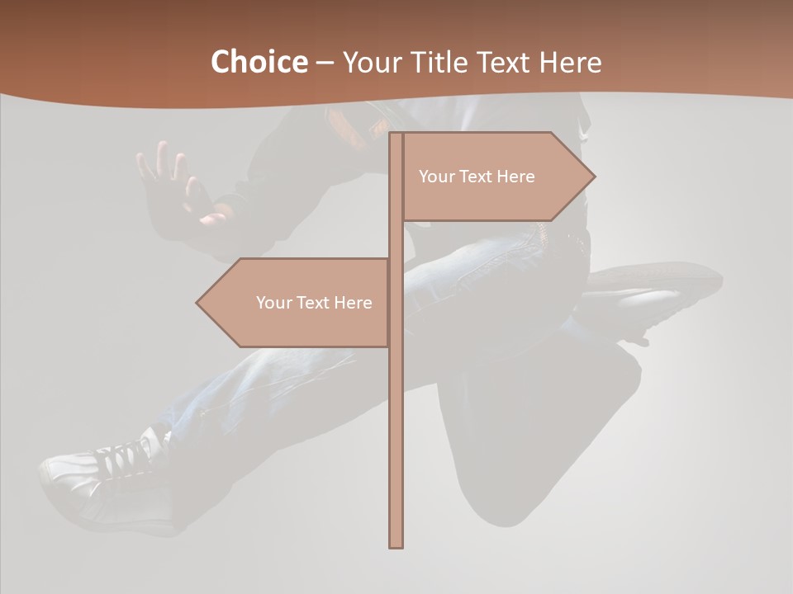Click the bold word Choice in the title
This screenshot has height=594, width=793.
(259, 62)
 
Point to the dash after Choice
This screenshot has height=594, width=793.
(325, 63)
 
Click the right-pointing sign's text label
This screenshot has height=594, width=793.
(477, 177)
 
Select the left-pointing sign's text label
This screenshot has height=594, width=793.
(314, 303)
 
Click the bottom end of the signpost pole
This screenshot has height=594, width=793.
(396, 544)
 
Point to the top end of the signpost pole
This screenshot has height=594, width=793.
(396, 135)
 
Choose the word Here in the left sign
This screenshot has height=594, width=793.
(354, 303)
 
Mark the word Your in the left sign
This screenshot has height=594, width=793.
(273, 303)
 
